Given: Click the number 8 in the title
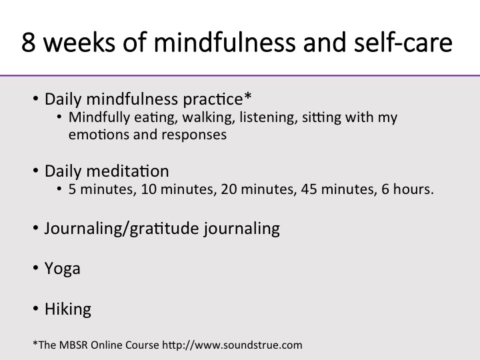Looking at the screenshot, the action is [28, 42].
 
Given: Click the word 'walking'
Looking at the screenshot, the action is [209, 118].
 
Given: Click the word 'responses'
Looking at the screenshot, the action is [194, 135].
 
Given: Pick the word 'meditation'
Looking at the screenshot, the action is [127, 171].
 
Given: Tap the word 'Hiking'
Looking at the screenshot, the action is [68, 309].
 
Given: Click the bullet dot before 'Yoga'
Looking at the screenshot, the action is [35, 268].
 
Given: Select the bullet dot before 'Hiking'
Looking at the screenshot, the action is [35, 309].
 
